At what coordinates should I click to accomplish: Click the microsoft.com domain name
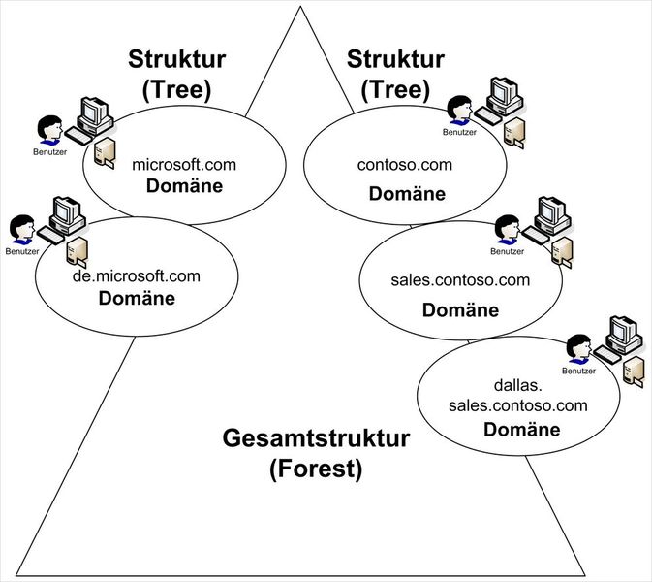pos(184,165)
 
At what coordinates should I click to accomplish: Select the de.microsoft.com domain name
pos(137,276)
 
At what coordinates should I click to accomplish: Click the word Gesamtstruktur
pos(316,439)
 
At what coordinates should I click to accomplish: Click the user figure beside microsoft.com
pos(47,130)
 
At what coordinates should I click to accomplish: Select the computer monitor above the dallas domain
pos(621,333)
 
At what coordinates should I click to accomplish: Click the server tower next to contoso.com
pos(518,129)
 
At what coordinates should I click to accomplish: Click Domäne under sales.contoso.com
pos(460,310)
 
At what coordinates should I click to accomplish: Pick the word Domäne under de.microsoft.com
pos(137,298)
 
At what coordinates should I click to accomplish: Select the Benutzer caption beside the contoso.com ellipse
pos(459,131)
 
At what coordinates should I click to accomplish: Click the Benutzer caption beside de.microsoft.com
pos(20,252)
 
